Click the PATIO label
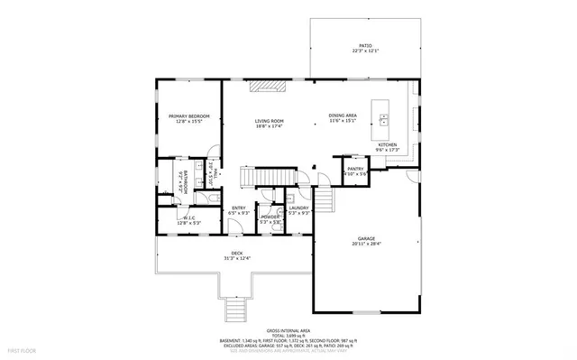[365, 44]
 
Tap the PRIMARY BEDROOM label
[189, 116]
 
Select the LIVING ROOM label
[269, 121]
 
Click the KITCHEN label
[387, 144]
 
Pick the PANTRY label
[354, 169]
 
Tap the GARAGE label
[365, 238]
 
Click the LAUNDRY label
[298, 208]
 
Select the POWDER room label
[270, 217]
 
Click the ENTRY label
[238, 208]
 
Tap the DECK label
[236, 253]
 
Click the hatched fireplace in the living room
[269, 87]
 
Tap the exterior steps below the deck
[234, 311]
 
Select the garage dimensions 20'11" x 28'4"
[365, 244]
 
